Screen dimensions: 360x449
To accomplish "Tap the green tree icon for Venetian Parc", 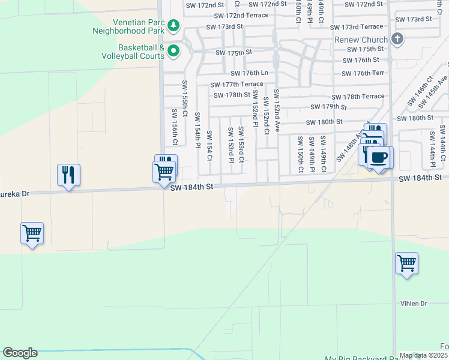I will click(173, 25).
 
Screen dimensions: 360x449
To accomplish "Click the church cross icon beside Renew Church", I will click(396, 40).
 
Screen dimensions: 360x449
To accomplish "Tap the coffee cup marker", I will click(378, 158).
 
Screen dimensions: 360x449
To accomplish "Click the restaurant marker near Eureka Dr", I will click(68, 175).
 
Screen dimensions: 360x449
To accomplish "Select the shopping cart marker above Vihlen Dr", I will click(406, 263).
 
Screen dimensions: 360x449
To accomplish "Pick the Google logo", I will click(20, 353).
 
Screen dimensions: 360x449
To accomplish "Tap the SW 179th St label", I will click(329, 107).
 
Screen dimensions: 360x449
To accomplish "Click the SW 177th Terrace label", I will click(237, 85).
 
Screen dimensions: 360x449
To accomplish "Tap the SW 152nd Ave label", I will click(277, 111).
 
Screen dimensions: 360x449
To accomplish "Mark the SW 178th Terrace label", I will click(358, 97).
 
